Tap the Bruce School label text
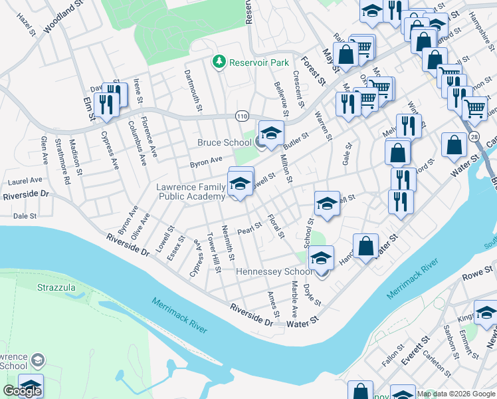point(224,142)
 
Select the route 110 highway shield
point(241,116)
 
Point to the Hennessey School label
point(274,271)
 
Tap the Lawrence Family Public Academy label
point(190,192)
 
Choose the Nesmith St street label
point(228,242)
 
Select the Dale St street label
point(25,216)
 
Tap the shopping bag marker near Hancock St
point(365,245)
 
